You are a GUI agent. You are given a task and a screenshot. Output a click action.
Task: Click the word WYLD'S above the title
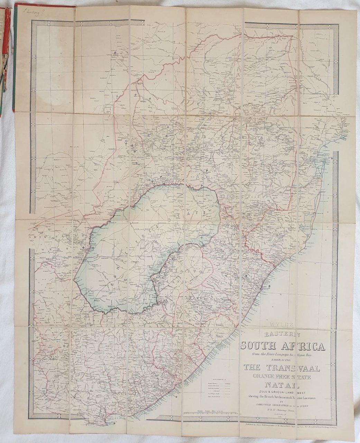coord(281,325)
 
